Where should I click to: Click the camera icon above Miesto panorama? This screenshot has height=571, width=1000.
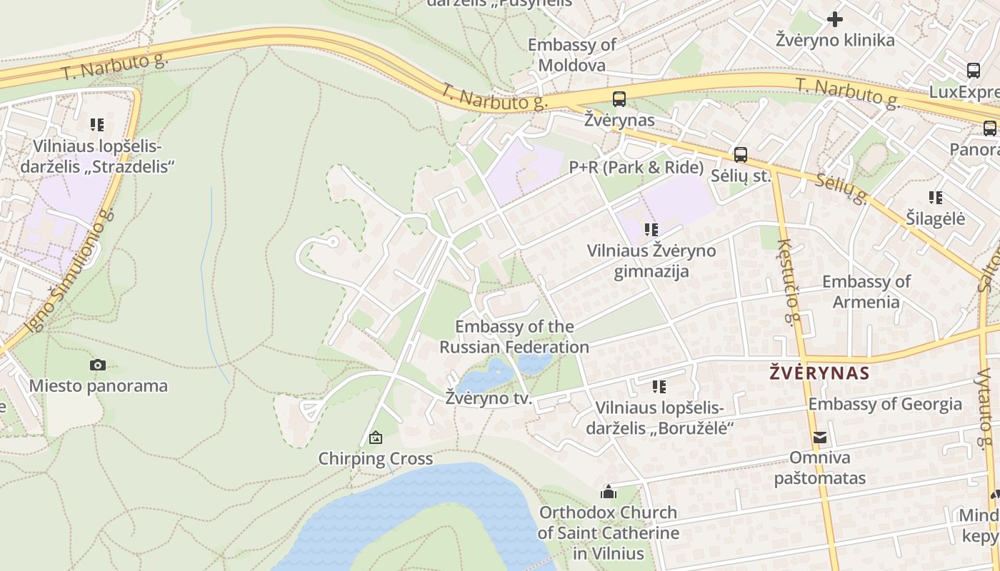98,365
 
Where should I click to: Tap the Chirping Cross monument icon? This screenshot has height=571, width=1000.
376,438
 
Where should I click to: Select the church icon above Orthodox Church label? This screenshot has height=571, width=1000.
609,492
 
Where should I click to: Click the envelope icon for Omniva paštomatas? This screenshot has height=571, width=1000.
820,438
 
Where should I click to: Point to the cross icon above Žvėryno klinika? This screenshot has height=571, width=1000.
835,19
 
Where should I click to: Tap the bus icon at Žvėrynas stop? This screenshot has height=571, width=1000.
619,99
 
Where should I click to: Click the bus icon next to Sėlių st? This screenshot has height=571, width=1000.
741,155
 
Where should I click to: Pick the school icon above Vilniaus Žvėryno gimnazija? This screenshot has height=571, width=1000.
651,230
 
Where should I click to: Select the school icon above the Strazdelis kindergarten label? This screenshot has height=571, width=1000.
97,125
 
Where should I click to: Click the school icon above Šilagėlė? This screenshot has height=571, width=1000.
936,198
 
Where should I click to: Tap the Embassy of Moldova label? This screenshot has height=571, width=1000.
571,55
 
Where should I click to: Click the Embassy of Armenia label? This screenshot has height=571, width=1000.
866,291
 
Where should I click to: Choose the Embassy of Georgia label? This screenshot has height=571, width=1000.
885,404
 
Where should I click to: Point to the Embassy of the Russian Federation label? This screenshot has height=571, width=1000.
514,337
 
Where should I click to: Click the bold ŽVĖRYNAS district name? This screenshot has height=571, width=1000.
819,373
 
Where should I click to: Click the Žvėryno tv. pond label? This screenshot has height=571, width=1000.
489,398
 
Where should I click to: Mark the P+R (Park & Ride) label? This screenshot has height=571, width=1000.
636,168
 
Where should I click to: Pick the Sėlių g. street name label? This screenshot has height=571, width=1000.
841,188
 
